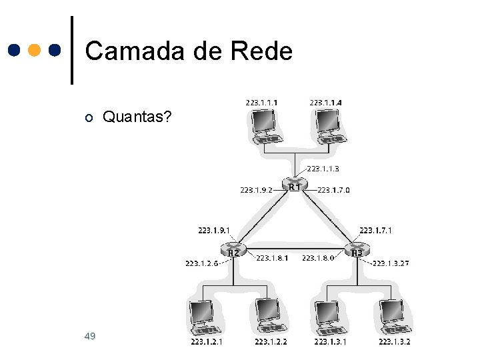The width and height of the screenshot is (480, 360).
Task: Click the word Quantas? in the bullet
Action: (137, 118)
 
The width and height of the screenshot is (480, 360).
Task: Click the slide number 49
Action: (90, 335)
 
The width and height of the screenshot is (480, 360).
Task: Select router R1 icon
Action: (294, 183)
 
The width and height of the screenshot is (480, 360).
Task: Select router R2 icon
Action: (234, 250)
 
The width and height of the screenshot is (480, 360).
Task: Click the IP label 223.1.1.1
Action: (261, 103)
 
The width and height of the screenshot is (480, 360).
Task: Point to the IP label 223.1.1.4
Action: (326, 103)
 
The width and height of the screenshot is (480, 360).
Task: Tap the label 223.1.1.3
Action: (323, 169)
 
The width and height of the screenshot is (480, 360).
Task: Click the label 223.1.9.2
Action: (256, 190)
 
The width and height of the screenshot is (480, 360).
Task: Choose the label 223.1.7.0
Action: (333, 190)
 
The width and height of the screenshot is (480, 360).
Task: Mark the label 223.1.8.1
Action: (272, 257)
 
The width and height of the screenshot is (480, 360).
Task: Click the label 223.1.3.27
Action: (391, 263)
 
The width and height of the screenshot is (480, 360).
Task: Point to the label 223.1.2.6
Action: (202, 263)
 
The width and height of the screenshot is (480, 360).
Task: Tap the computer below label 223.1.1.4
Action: (329, 126)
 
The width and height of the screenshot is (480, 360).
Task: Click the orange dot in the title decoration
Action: (35, 51)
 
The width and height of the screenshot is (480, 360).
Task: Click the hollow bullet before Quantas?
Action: (89, 119)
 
